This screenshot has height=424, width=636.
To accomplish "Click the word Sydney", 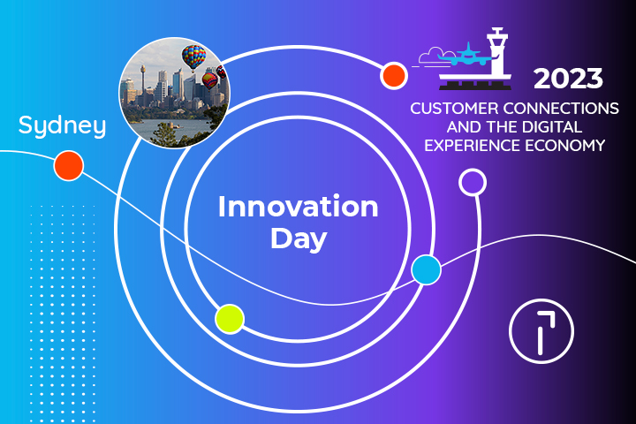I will pyautogui.click(x=62, y=125).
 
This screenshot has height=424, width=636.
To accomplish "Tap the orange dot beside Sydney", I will pyautogui.click(x=68, y=165).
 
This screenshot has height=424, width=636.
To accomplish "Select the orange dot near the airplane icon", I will pyautogui.click(x=393, y=76).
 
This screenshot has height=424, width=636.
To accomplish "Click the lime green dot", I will pyautogui.click(x=229, y=318).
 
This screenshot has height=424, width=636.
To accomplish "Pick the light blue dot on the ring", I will pyautogui.click(x=426, y=270).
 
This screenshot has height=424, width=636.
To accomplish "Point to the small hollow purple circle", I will pyautogui.click(x=473, y=182).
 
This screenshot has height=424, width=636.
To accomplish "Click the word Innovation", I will pyautogui.click(x=298, y=208).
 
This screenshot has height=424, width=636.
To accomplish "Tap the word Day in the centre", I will pyautogui.click(x=298, y=238).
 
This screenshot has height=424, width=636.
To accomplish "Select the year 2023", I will pyautogui.click(x=568, y=79).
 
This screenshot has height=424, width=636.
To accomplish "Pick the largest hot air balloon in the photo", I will pyautogui.click(x=193, y=57).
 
